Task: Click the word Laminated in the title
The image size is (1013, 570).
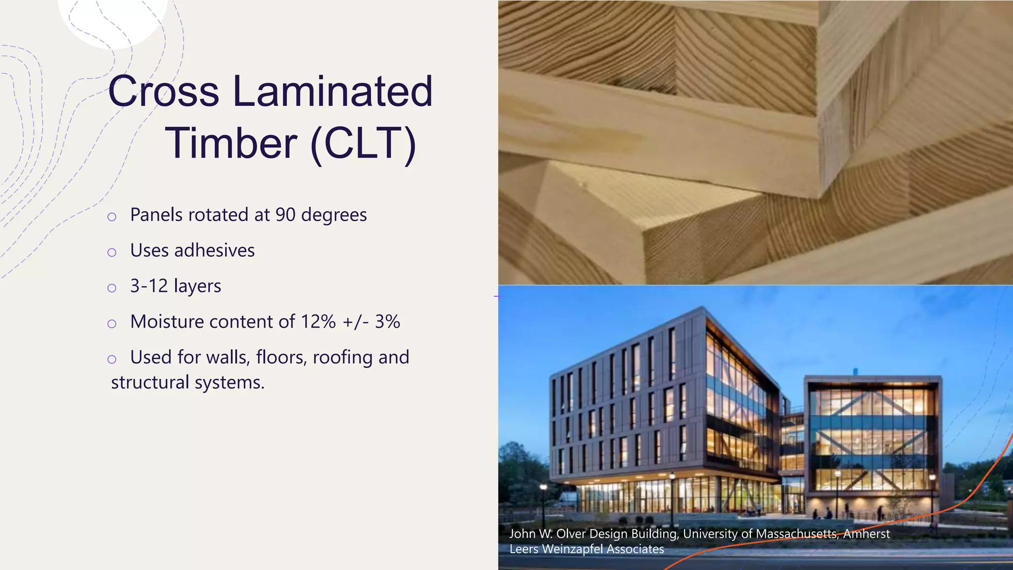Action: tap(332, 91)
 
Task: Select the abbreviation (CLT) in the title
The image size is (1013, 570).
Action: tap(364, 144)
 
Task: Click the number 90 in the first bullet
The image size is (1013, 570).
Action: tap(285, 215)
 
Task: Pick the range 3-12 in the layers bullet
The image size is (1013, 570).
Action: tap(149, 286)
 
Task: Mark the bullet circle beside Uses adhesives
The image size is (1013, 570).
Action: tap(112, 252)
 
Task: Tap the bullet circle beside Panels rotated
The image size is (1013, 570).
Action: tap(112, 217)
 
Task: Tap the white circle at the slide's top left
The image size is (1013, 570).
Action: tap(113, 17)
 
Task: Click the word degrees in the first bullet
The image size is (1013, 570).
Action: tap(334, 215)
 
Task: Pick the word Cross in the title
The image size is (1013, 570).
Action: tap(163, 91)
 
